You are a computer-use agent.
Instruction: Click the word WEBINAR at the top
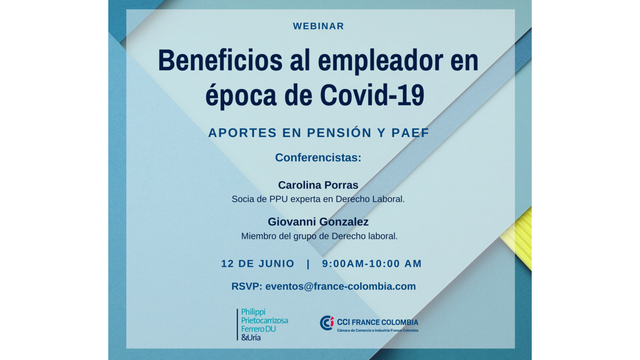click(x=318, y=26)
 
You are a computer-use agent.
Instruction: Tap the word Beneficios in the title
click(x=220, y=60)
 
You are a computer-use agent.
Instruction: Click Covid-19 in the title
click(x=372, y=95)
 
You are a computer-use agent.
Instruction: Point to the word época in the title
click(x=241, y=97)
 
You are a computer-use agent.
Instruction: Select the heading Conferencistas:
click(x=318, y=157)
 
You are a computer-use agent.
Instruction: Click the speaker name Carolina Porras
click(x=318, y=185)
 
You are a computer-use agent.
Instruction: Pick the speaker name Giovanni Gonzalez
click(x=318, y=222)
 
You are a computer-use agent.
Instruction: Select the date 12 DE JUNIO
click(x=258, y=263)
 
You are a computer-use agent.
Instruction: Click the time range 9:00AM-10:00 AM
click(x=372, y=263)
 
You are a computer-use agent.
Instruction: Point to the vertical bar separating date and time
click(x=308, y=263)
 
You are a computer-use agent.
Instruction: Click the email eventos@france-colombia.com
click(x=341, y=286)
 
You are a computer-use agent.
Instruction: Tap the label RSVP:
click(x=246, y=286)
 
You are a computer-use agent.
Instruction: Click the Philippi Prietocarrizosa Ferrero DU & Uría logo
click(x=262, y=325)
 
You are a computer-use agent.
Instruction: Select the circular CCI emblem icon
click(x=327, y=323)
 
